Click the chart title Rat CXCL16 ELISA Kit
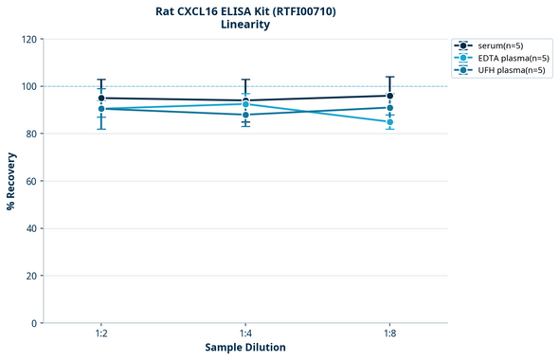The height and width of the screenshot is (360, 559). pos(245,11)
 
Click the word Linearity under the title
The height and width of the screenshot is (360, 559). pos(245,25)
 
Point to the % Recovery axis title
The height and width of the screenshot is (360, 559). pos(11,180)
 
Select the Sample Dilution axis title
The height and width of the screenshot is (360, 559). pos(245,348)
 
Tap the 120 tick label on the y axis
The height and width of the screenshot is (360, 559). pos(28,39)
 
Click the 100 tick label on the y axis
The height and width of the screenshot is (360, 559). pos(28,86)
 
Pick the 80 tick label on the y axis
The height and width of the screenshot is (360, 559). pos(31,134)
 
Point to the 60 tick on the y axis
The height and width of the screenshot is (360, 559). pos(31,181)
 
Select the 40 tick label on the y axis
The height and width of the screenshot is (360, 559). pos(31,228)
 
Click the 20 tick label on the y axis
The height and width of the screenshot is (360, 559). pos(31,276)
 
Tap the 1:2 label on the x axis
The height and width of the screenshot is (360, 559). pos(101,333)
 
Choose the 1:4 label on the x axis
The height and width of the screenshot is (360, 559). pos(245,333)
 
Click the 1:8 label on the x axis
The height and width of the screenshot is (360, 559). pos(389,333)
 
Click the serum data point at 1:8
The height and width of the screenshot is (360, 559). pos(389,96)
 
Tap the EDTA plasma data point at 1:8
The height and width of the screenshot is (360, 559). pos(389,122)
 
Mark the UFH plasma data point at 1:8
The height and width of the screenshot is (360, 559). pos(389,108)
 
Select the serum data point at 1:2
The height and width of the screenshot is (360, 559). pos(101,98)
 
